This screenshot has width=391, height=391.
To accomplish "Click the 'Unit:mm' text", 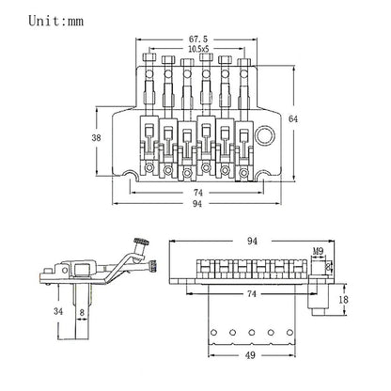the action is coord(56,21).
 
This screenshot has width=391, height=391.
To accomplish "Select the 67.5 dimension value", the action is coord(198,39).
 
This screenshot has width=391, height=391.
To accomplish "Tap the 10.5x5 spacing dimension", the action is coord(198,49).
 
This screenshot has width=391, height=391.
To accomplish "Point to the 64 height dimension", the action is coord(293,119).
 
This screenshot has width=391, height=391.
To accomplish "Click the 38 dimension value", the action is coord(96,137).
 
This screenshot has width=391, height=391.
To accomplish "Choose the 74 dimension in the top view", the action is coord(198,193).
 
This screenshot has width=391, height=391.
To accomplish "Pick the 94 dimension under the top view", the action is coord(197,204).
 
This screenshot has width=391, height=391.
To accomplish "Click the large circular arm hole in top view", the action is coord(265,135).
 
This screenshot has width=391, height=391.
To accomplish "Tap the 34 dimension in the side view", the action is coord(58,311).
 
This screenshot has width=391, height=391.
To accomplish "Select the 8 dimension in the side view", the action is coord(82,312).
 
